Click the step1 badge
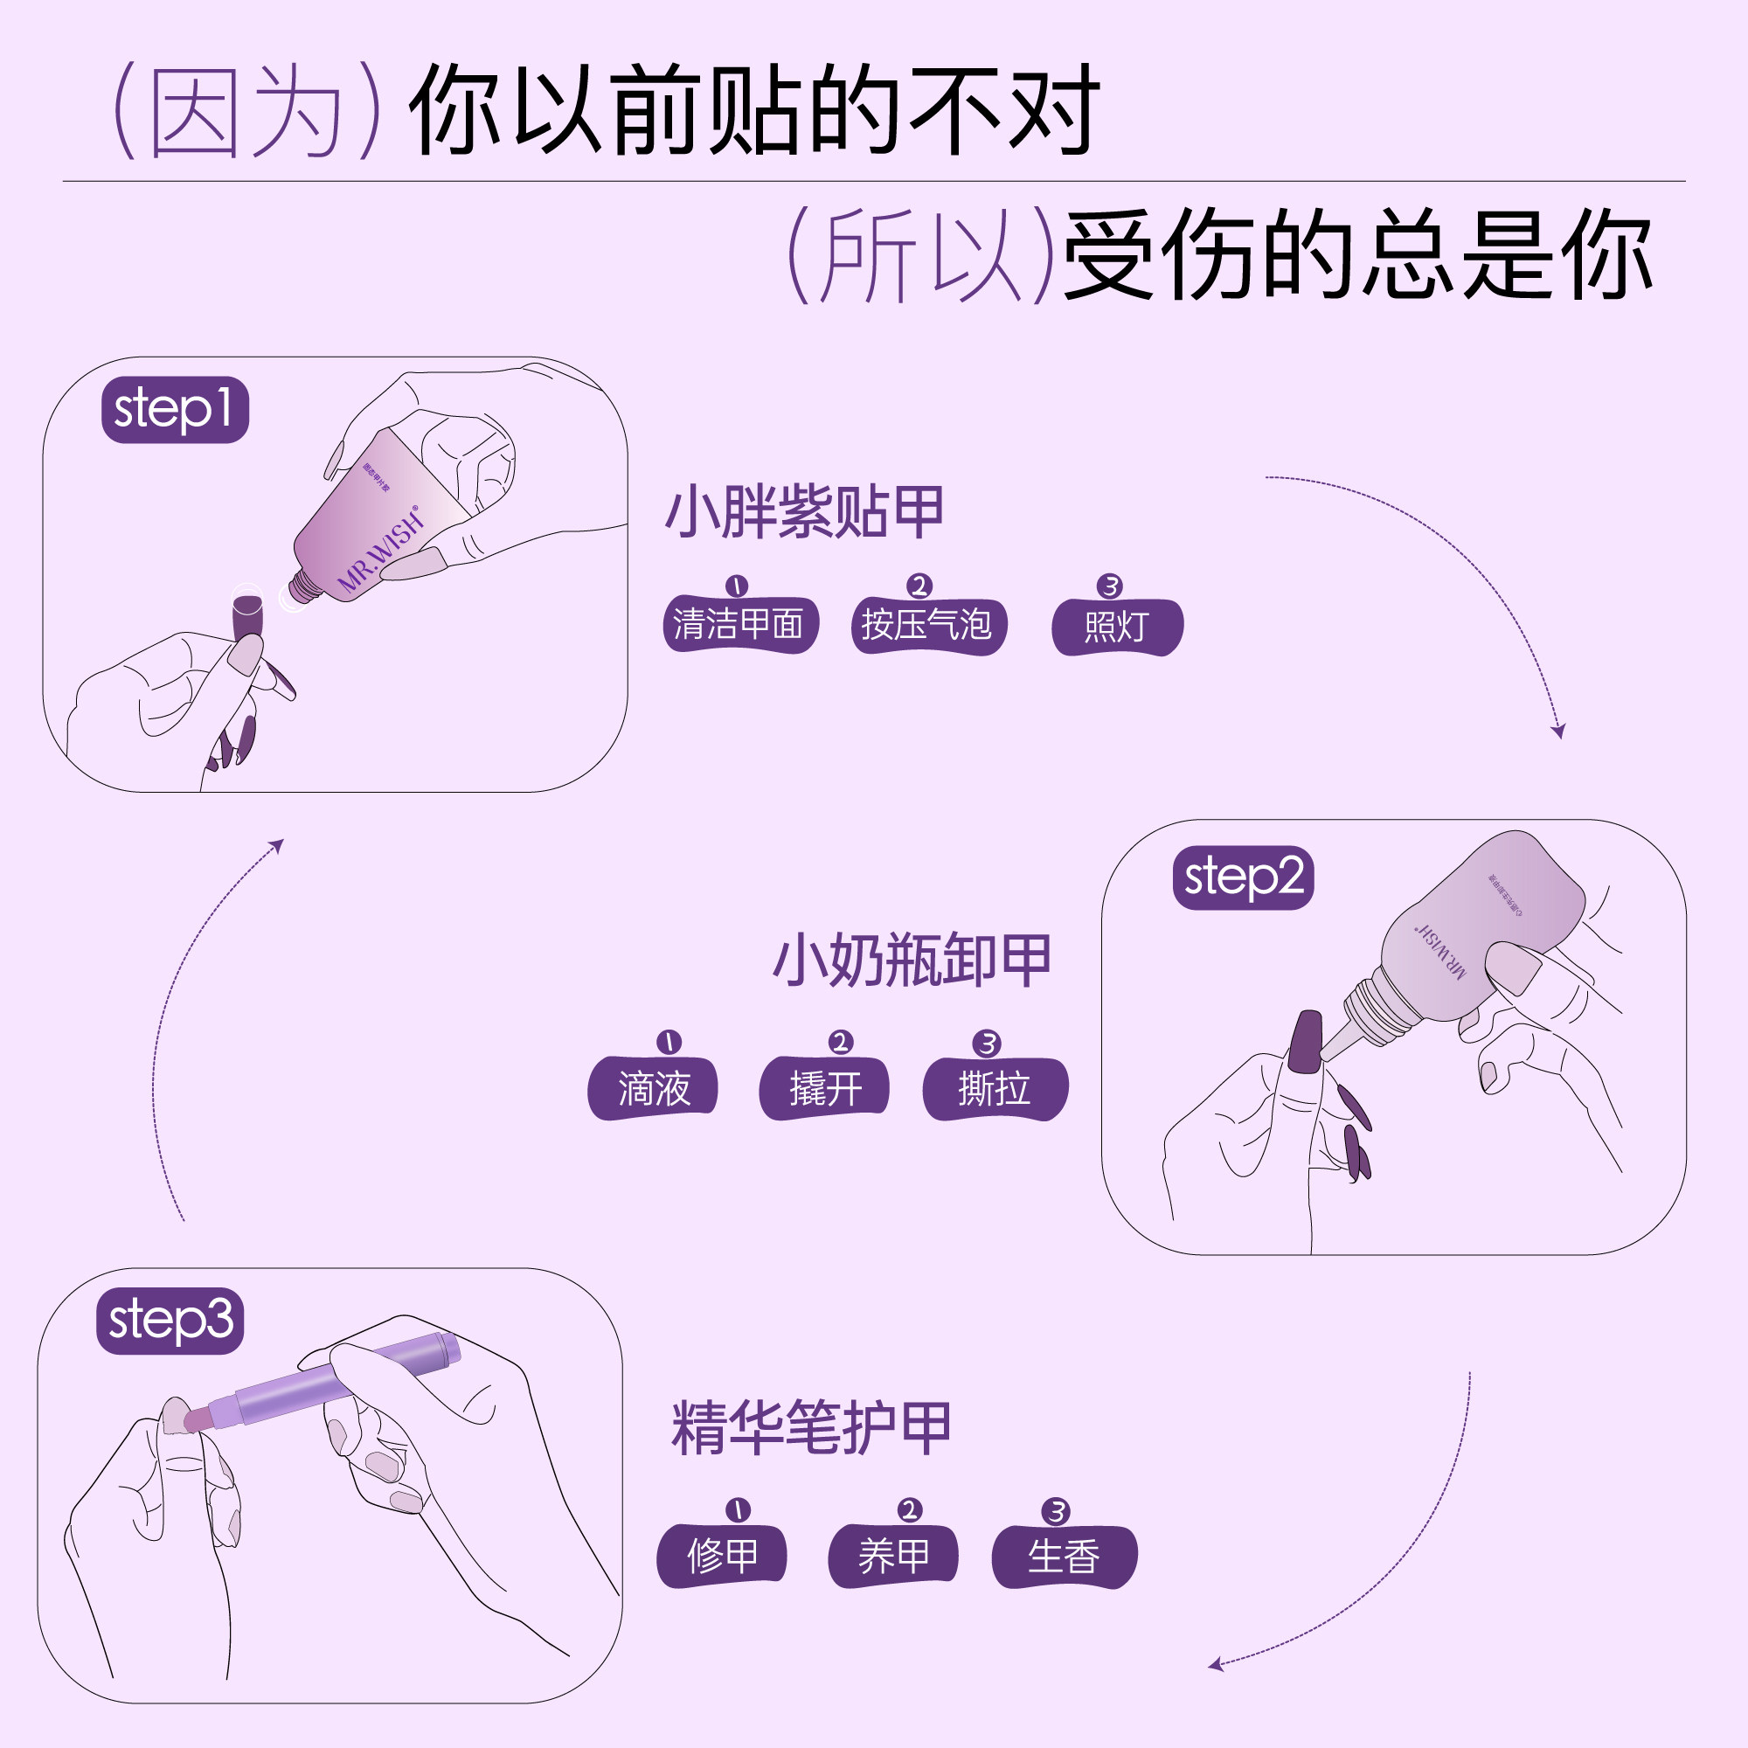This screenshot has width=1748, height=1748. coord(175,410)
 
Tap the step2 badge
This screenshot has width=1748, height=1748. coord(1243,877)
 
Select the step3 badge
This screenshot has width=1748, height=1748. coord(170,1321)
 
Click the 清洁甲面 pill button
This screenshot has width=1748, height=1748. coord(739,625)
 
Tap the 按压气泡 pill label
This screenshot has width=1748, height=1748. coord(928,626)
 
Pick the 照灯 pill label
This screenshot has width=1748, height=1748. coord(1116,627)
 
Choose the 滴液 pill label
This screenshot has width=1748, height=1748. coord(653,1088)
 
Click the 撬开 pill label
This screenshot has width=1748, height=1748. coord(824,1088)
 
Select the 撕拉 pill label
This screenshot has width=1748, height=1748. coord(995,1088)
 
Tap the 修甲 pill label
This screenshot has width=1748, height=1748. coord(722,1557)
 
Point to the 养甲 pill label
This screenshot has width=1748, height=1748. coord(893,1557)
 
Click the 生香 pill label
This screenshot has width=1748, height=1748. coord(1064,1557)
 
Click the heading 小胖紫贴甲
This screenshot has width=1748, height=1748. coord(804,513)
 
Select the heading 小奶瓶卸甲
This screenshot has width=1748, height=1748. coord(912,960)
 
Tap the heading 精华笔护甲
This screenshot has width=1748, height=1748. coord(811,1428)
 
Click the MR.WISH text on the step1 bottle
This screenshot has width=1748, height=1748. coord(381,551)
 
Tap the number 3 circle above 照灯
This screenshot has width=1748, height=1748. coord(1109,586)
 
